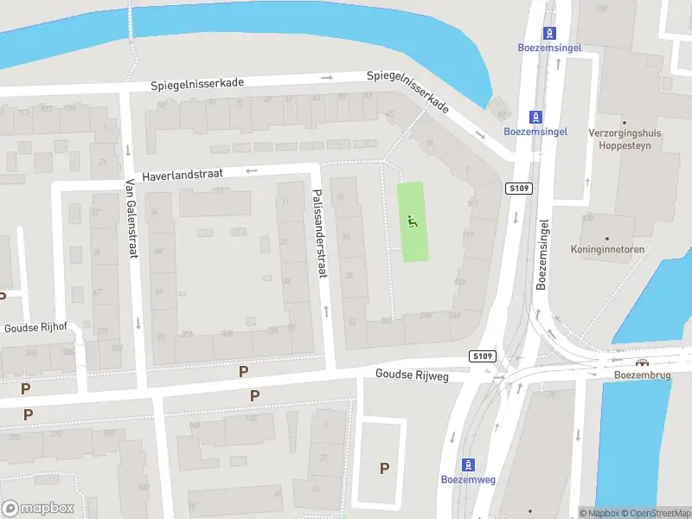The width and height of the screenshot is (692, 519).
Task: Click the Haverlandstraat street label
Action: pos(183,173)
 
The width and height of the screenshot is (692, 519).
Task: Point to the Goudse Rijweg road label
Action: pos(411,375)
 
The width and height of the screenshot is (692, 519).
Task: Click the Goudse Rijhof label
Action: pos(35,329)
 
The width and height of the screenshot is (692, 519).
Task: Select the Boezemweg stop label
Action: pos(468,480)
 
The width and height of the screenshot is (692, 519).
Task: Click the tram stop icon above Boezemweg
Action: pos(468,464)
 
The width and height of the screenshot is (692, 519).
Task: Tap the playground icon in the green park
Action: pos(413,221)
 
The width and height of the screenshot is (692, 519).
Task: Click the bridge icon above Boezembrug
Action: pos(642,363)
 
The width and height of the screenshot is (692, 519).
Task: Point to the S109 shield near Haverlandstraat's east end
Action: pos(519,188)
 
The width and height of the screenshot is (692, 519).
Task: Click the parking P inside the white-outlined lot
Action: pos(384,468)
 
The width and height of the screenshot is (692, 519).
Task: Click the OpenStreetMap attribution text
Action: pos(656,513)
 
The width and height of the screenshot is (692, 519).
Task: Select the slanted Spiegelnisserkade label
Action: pos(408,91)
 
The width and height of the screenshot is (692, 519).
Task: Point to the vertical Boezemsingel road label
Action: pos(543,253)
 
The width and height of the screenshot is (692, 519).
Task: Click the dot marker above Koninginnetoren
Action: pos(606,238)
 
